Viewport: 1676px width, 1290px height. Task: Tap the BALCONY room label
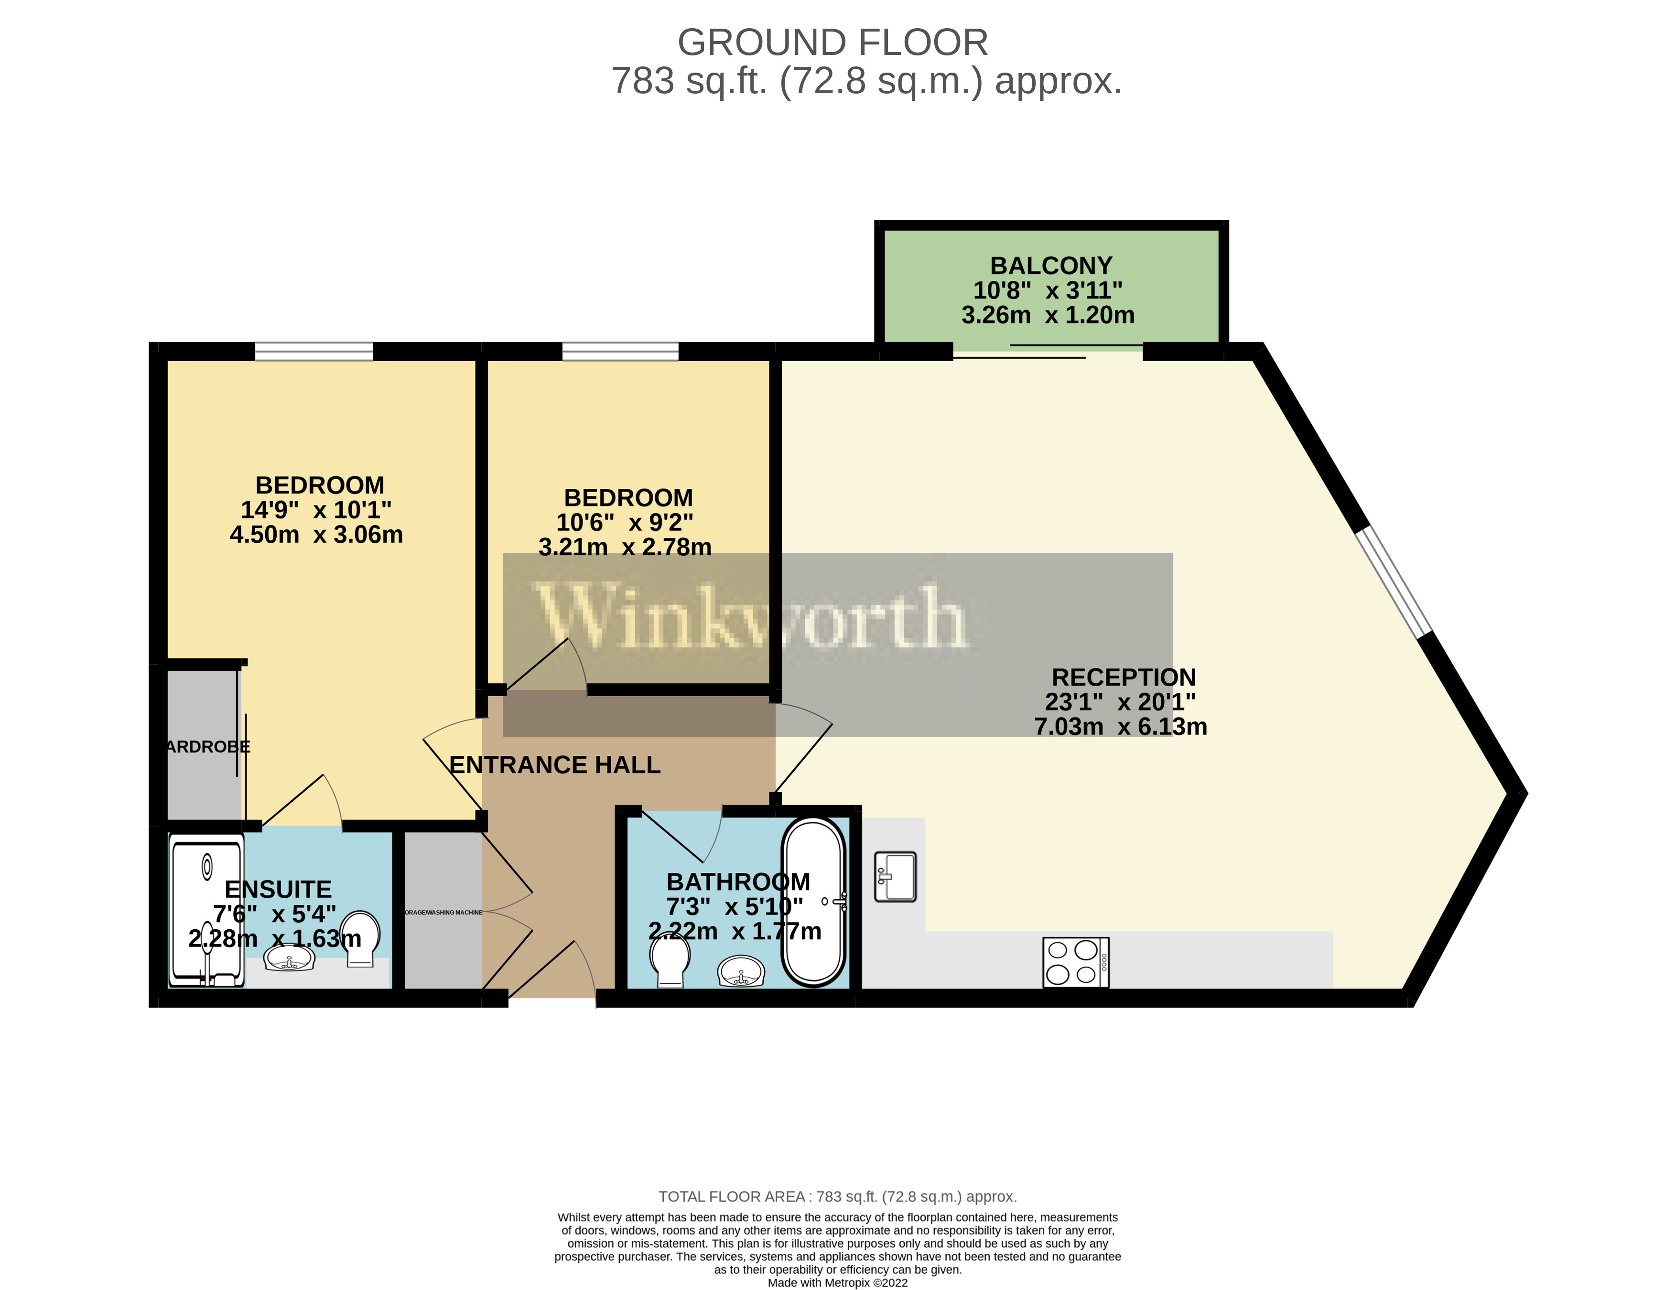tap(1050, 266)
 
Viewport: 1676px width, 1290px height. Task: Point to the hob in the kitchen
tap(1075, 962)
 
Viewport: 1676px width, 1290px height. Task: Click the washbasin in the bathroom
tap(741, 971)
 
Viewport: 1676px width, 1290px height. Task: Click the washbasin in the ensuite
tap(289, 958)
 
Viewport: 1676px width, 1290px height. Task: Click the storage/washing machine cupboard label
tap(443, 913)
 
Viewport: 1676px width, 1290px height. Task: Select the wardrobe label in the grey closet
tap(207, 747)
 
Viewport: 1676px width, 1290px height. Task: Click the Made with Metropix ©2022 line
tap(837, 1282)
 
